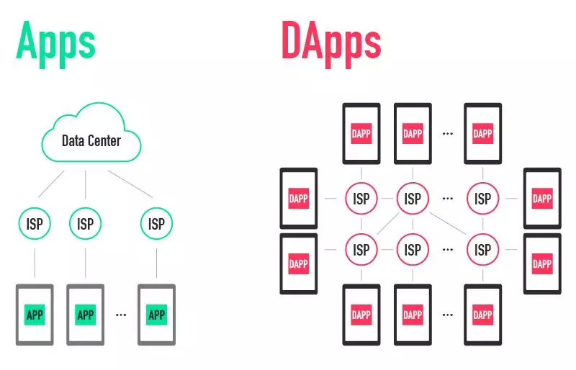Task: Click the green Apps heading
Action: [56, 44]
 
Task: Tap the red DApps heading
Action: [331, 44]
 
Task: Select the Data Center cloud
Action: [91, 132]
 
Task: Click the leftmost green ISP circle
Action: [35, 223]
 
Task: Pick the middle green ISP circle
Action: [85, 223]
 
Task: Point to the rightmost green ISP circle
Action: [156, 223]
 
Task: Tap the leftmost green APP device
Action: [35, 315]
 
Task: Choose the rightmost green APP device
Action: [156, 315]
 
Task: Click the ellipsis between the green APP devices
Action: [121, 315]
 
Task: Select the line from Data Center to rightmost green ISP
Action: [130, 184]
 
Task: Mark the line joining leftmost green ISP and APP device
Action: [35, 263]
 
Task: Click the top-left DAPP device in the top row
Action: [361, 133]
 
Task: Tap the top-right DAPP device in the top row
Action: [482, 133]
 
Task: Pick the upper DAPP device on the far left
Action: [299, 199]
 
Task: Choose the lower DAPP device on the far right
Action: [542, 263]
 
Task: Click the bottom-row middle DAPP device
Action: [413, 315]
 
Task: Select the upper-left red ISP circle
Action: [361, 199]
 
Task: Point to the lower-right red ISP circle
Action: [482, 250]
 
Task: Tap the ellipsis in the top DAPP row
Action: [447, 134]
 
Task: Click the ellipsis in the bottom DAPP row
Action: [447, 315]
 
